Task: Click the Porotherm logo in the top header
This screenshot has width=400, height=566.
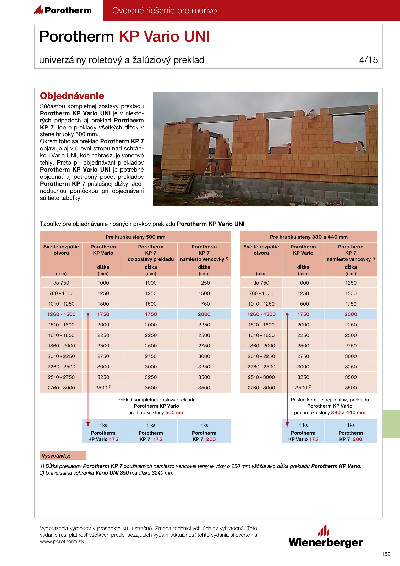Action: tap(63, 10)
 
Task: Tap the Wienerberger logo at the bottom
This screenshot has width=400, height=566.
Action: tap(326, 537)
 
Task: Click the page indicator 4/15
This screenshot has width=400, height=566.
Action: tap(368, 60)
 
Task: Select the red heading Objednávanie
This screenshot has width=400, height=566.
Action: tap(72, 96)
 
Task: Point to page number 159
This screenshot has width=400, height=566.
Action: tap(386, 554)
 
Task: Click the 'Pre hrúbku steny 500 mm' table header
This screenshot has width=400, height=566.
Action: tap(135, 237)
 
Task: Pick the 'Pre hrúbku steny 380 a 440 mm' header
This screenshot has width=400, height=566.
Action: tap(309, 237)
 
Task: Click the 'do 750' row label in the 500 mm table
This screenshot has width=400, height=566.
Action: tap(61, 283)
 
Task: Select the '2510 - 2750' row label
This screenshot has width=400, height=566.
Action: tap(61, 377)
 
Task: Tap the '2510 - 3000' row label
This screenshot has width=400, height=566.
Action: tap(261, 377)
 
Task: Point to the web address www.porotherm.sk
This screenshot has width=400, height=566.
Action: tap(63, 542)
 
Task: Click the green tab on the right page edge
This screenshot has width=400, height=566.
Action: tap(391, 424)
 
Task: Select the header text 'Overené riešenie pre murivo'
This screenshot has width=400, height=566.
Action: tap(165, 10)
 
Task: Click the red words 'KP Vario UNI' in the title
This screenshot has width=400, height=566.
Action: tap(165, 36)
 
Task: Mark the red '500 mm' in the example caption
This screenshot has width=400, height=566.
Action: tap(175, 413)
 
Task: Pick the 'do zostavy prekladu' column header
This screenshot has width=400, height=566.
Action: tap(151, 259)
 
